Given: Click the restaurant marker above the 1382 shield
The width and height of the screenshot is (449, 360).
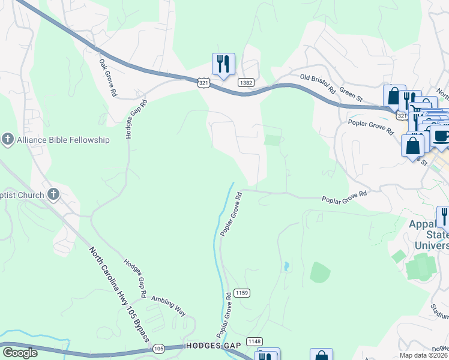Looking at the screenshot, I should point(223,64).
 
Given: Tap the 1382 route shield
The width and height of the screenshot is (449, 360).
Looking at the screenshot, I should point(245,82).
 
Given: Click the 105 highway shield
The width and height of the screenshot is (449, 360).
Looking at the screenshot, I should point(158,348).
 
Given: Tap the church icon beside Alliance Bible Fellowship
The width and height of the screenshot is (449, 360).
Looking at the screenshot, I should point(8,139).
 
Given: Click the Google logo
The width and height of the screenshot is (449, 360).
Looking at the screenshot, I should point(20,353).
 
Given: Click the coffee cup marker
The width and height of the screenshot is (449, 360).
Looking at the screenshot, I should point(441,135).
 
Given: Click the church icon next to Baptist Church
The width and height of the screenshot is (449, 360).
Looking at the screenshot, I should point(53,194).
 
